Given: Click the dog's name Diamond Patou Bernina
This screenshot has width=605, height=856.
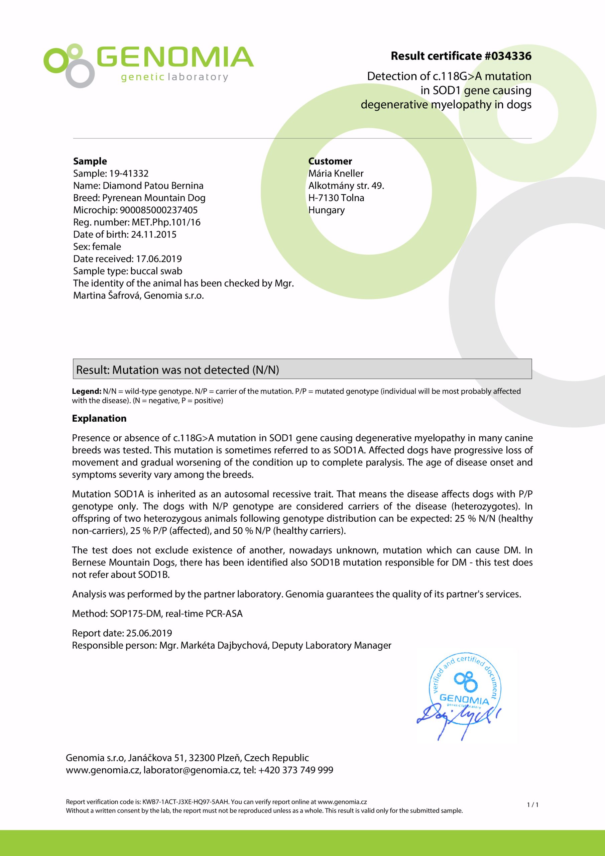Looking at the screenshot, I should click(153, 186).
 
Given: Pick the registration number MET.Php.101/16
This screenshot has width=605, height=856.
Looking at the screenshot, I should click(166, 222).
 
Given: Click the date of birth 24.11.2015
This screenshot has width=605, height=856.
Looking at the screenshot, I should click(153, 234).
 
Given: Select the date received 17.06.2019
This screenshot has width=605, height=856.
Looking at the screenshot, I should click(159, 259).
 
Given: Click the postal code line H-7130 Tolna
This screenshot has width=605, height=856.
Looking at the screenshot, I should click(336, 198).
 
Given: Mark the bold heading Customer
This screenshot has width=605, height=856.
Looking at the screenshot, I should click(330, 161).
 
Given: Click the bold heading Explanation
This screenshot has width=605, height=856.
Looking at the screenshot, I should click(99, 418).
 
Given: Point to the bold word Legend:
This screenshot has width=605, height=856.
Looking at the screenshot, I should click(87, 391).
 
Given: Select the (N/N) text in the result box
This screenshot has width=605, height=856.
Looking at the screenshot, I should click(265, 369).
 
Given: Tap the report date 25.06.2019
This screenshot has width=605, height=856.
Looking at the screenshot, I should click(149, 633).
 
